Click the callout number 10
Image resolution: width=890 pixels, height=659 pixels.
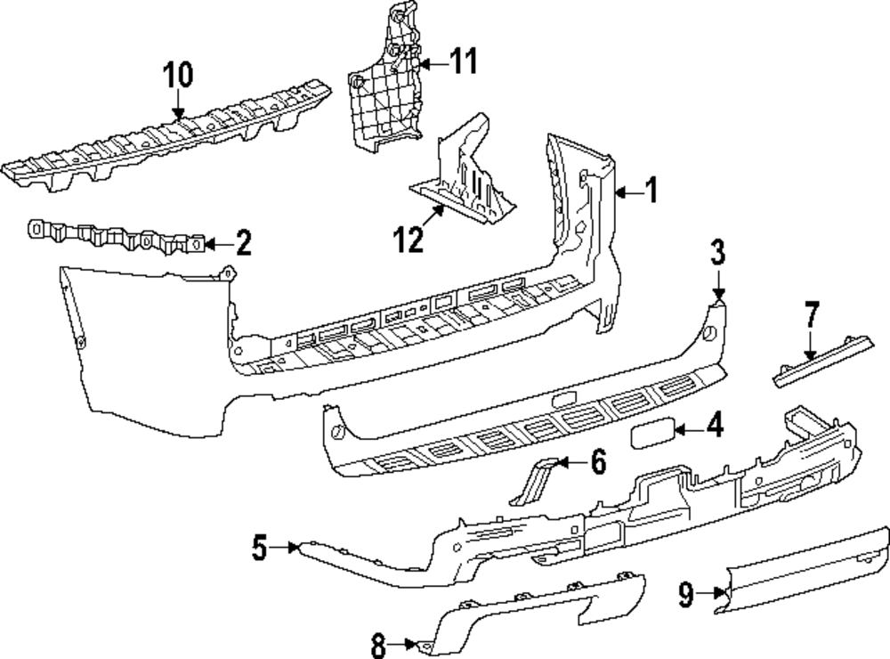click(178, 76)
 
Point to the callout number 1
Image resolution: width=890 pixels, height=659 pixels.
click(651, 191)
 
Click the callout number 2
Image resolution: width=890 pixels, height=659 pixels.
click(241, 241)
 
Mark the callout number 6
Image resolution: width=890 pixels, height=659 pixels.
click(598, 461)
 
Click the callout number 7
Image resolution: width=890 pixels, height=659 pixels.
click(811, 315)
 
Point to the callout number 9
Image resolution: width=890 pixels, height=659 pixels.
click(685, 594)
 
